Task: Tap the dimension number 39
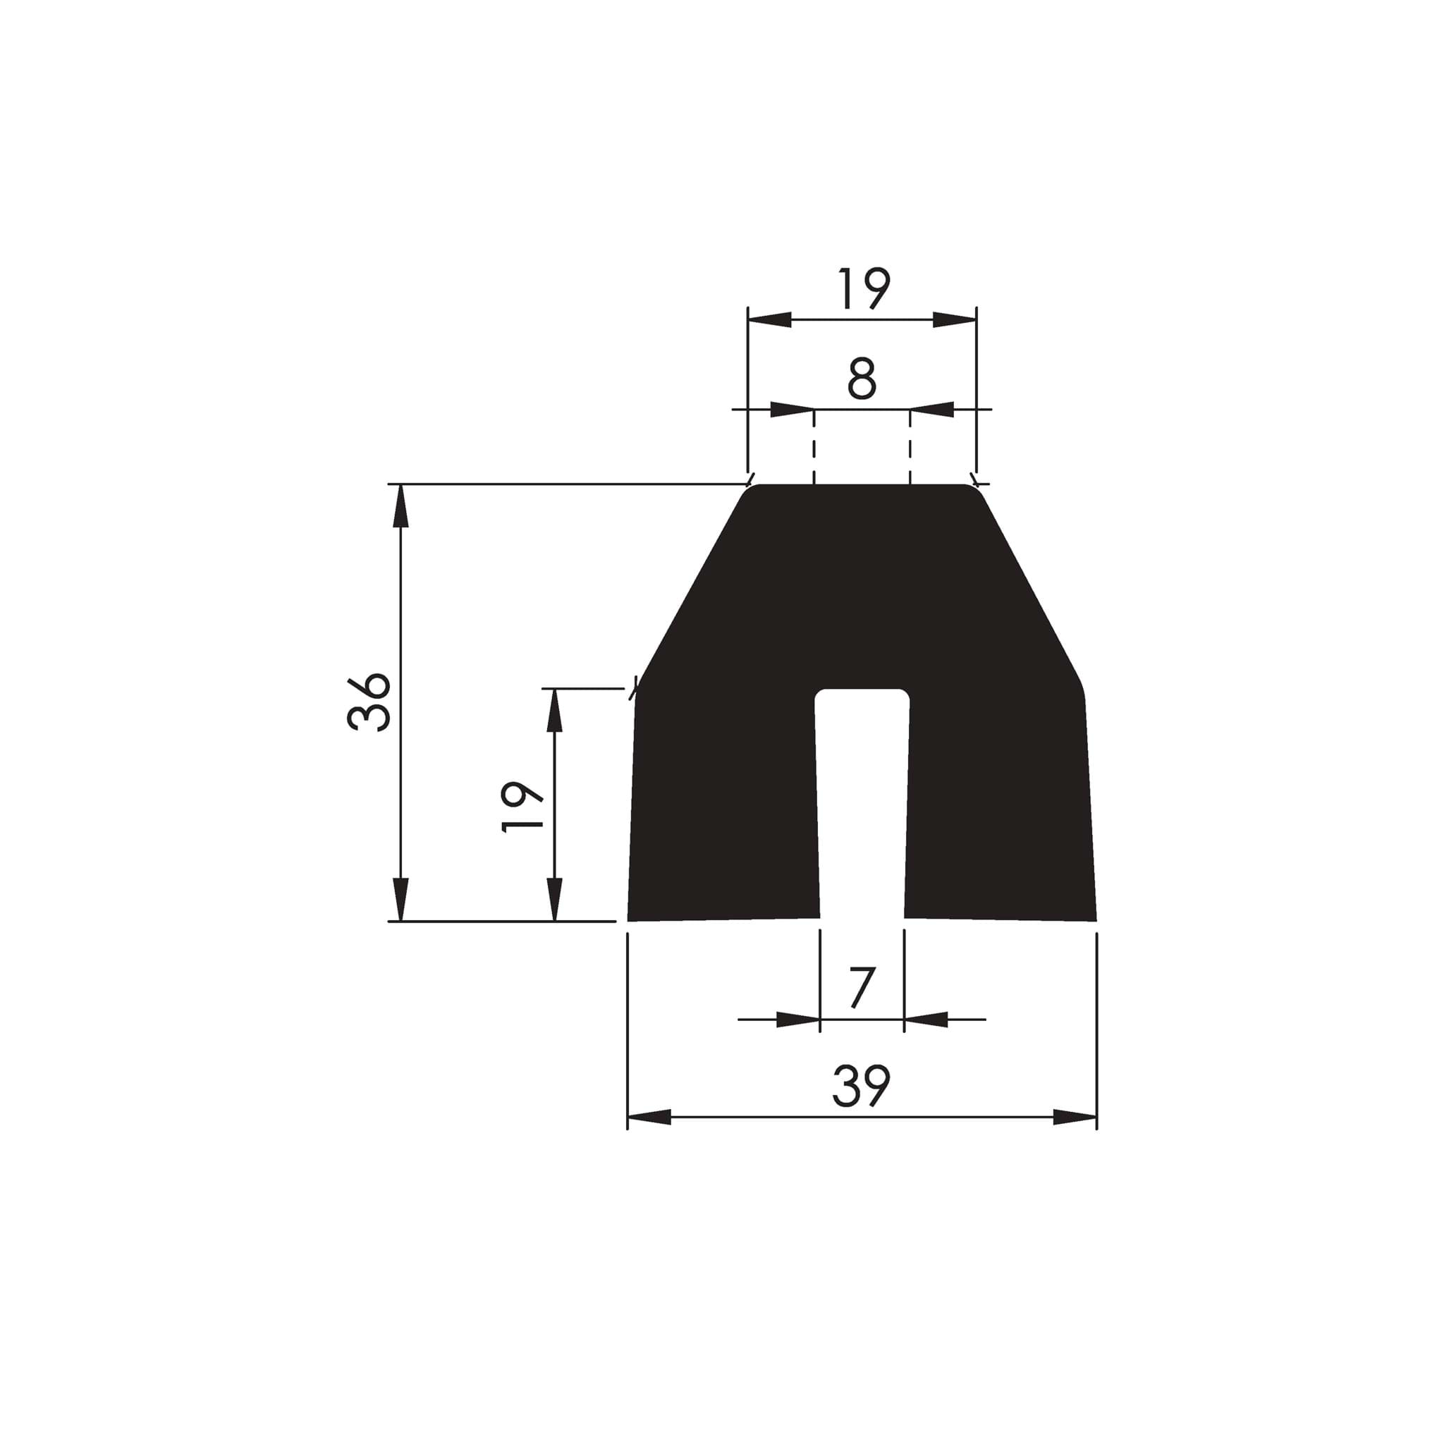pyautogui.click(x=861, y=1086)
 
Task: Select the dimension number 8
pyautogui.click(x=862, y=379)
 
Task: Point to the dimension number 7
pyautogui.click(x=862, y=988)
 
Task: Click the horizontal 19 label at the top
pyautogui.click(x=863, y=288)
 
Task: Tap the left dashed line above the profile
pyautogui.click(x=814, y=447)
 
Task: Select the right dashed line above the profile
pyautogui.click(x=910, y=447)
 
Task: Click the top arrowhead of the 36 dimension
pyautogui.click(x=400, y=506)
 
